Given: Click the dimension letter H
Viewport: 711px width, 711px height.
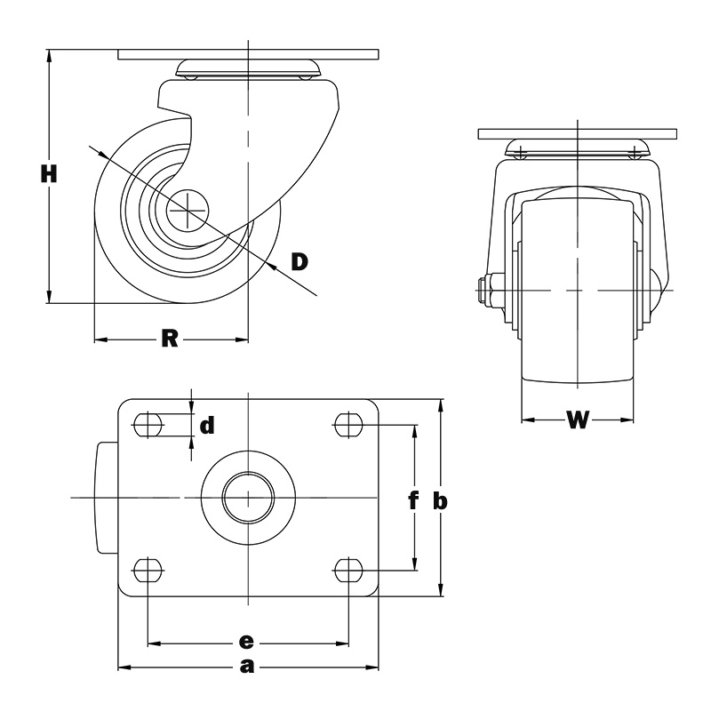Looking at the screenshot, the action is (x=49, y=174).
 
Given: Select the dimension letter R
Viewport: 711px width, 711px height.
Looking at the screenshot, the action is (x=170, y=339).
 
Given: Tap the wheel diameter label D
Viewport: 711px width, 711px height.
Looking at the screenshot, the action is (x=300, y=261).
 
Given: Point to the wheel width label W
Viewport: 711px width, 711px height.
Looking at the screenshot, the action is (x=578, y=419).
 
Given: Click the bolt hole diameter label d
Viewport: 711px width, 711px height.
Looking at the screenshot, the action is (x=207, y=426).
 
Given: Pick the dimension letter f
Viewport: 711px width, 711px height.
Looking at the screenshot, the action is (x=412, y=500).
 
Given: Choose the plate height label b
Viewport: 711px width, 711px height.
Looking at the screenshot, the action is (x=440, y=500).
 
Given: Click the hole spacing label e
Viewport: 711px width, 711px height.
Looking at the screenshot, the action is (x=246, y=642).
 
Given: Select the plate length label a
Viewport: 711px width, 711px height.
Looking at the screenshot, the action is (x=247, y=667).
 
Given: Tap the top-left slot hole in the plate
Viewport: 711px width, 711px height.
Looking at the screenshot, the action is (x=148, y=425).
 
